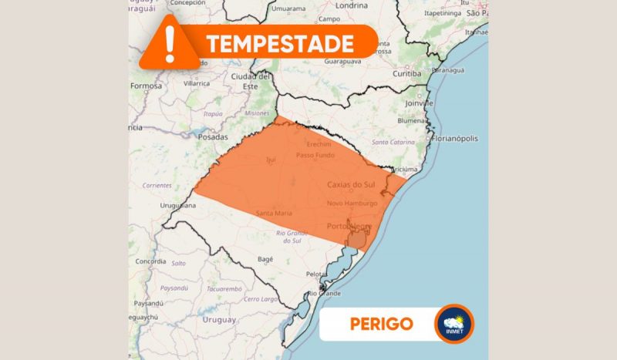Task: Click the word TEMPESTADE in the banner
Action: point(279,44)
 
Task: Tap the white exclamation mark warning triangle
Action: point(170,42)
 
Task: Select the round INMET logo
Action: point(453,324)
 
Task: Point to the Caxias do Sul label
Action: point(352,184)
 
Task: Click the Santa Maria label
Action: point(274,213)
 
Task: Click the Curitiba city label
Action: point(406,73)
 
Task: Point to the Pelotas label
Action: point(318,274)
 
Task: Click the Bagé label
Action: point(265,259)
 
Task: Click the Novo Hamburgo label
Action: point(352,203)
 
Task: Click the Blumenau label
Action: point(413,120)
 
